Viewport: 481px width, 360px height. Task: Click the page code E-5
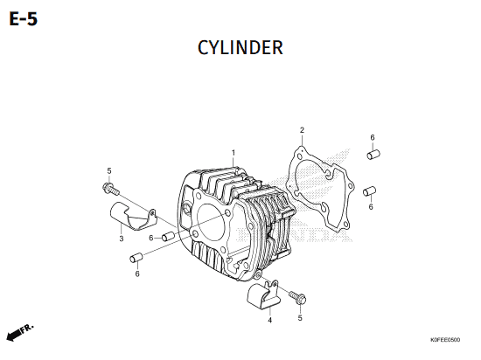click(24, 19)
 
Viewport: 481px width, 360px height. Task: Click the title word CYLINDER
click(240, 48)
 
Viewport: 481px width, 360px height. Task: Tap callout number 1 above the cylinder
click(234, 153)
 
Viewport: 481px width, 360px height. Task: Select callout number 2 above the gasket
click(302, 130)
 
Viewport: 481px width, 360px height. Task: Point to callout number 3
click(122, 239)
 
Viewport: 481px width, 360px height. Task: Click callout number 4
click(269, 320)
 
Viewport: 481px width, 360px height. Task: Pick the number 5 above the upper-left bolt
click(109, 170)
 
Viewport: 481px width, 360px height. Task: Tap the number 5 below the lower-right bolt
click(300, 318)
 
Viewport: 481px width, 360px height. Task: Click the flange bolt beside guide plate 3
click(110, 189)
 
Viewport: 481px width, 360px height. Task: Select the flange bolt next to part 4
click(297, 297)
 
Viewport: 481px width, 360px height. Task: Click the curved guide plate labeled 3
click(133, 216)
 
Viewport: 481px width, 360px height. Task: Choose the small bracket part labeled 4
click(263, 294)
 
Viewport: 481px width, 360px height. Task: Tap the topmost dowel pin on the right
click(373, 154)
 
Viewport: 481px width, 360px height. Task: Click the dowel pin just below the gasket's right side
click(369, 190)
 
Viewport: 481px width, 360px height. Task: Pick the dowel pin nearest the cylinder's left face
click(169, 236)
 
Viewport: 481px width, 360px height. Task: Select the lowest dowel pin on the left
click(136, 258)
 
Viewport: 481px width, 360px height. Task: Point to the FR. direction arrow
click(20, 332)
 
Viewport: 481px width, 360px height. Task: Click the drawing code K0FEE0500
click(445, 340)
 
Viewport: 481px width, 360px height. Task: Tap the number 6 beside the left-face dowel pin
click(151, 238)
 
